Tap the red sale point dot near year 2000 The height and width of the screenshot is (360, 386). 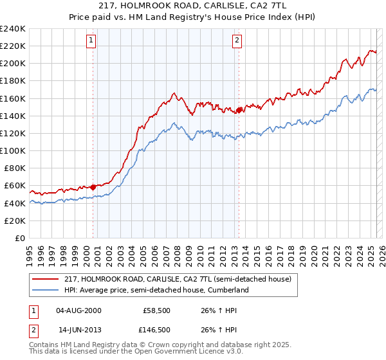tap(93, 186)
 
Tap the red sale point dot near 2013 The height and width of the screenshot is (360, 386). tap(239, 110)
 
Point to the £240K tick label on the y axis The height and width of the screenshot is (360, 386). tap(12, 29)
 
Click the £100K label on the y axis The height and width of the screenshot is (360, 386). tap(12, 150)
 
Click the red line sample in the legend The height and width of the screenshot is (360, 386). tap(46, 279)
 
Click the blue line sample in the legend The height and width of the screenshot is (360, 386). tap(46, 291)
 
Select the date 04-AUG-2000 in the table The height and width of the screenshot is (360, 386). tap(79, 310)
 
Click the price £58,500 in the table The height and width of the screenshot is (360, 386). tap(157, 310)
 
